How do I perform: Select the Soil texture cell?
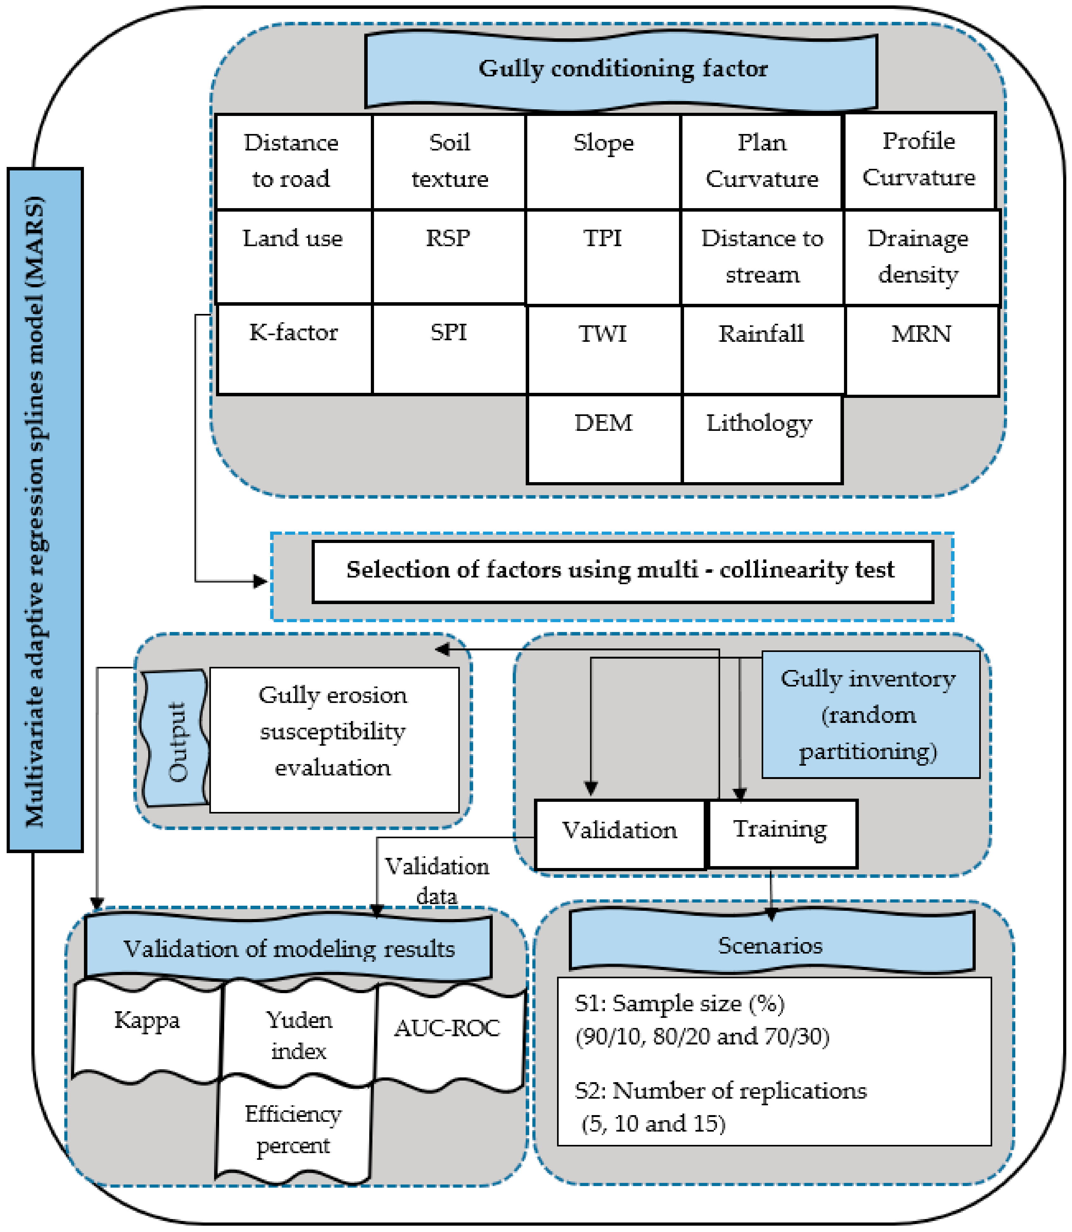[449, 162]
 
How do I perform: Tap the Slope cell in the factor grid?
[603, 162]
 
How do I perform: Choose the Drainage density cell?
[921, 257]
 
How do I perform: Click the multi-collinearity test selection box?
[622, 571]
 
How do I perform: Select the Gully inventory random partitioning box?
[870, 715]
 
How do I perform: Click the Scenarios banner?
[772, 947]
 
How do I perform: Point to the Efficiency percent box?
[293, 1131]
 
